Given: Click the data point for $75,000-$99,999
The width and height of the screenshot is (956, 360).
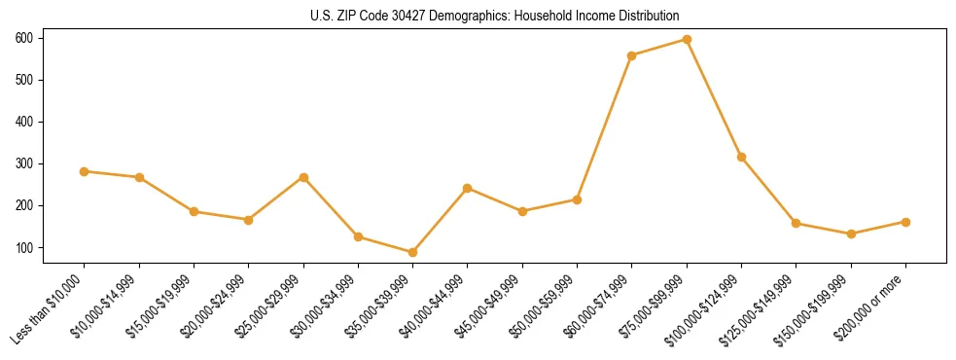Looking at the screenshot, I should click(687, 40).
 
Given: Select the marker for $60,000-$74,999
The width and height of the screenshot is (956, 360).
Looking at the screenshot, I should click(632, 55).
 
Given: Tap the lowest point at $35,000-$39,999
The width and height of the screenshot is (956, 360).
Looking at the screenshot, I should click(412, 252).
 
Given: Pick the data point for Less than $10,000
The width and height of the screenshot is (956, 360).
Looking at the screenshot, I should click(84, 171).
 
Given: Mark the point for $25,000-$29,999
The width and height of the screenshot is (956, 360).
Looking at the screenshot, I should click(303, 177).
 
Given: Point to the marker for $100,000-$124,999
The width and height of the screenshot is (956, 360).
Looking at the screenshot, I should click(741, 157).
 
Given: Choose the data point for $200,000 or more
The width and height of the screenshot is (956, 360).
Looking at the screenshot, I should click(905, 222).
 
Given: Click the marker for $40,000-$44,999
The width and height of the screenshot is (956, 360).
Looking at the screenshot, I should click(468, 188).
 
